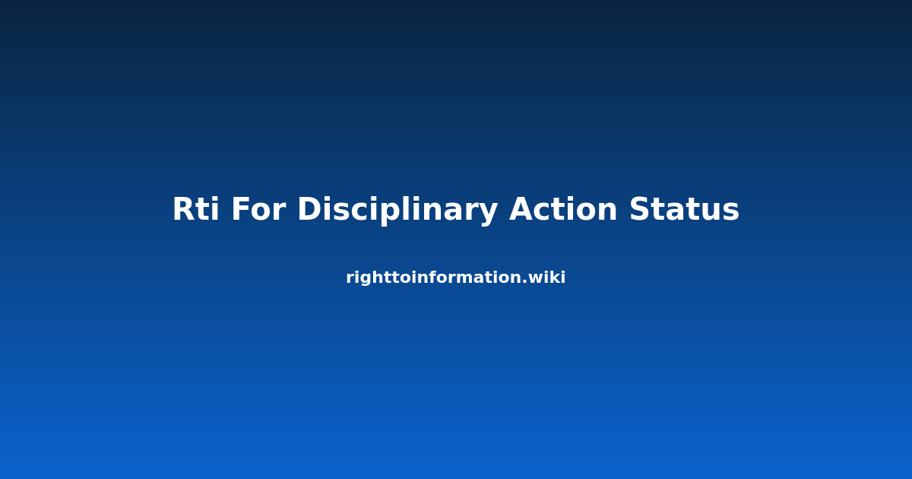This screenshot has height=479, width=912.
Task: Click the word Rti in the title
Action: click(x=196, y=209)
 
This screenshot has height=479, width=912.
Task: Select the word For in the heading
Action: click(x=258, y=209)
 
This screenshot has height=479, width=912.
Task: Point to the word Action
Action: click(x=563, y=208)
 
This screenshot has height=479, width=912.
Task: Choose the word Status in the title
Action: click(x=684, y=208)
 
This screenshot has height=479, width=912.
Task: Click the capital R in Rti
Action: click(x=185, y=209)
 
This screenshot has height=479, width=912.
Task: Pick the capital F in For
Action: click(x=241, y=209)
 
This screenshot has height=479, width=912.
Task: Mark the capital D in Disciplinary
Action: click(x=310, y=209)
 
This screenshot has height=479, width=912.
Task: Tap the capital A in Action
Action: click(x=523, y=209)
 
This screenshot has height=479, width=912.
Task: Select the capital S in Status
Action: click(x=641, y=209)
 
